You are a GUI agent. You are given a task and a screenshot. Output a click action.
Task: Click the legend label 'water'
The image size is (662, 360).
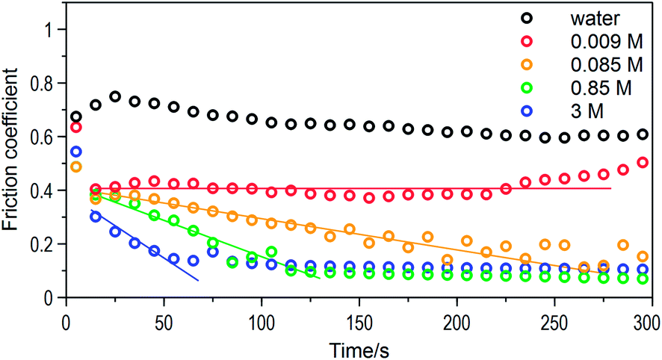(x=596, y=19)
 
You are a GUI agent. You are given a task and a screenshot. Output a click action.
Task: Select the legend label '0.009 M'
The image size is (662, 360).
(x=606, y=42)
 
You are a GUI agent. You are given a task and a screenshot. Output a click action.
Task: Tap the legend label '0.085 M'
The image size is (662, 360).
(x=606, y=65)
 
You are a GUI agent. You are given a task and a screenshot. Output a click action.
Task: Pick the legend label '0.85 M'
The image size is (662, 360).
(x=601, y=88)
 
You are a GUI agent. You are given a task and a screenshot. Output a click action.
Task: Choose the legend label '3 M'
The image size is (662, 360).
(x=587, y=111)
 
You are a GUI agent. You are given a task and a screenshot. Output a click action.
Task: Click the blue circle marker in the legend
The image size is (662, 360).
(x=528, y=111)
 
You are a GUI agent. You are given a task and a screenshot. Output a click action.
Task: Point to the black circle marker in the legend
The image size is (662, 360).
(x=528, y=19)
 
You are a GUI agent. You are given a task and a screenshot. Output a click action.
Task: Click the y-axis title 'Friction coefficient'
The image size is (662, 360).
(x=10, y=149)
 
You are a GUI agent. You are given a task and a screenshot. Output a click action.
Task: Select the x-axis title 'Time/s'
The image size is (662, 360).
(x=359, y=350)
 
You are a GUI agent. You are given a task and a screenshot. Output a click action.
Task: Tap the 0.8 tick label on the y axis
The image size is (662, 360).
(x=43, y=83)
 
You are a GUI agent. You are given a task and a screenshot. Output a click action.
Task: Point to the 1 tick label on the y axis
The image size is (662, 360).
(x=50, y=30)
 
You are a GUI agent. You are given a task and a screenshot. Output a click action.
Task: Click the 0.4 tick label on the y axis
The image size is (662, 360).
(x=43, y=190)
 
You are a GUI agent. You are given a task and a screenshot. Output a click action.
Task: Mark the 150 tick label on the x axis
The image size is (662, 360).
(x=359, y=323)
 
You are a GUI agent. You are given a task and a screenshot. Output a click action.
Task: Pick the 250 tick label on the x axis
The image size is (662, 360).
(x=554, y=323)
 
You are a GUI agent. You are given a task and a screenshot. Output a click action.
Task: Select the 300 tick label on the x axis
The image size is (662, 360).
(x=647, y=323)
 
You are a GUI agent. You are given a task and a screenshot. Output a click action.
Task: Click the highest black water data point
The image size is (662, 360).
(x=115, y=96)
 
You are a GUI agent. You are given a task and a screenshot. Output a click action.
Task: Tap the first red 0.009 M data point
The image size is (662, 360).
(x=76, y=127)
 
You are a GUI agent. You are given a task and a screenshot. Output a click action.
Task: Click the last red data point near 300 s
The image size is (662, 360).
(x=643, y=163)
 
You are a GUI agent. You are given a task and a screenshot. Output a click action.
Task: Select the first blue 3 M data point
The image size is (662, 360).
(x=76, y=152)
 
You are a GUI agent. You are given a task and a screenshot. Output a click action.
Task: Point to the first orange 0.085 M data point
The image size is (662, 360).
(x=76, y=167)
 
